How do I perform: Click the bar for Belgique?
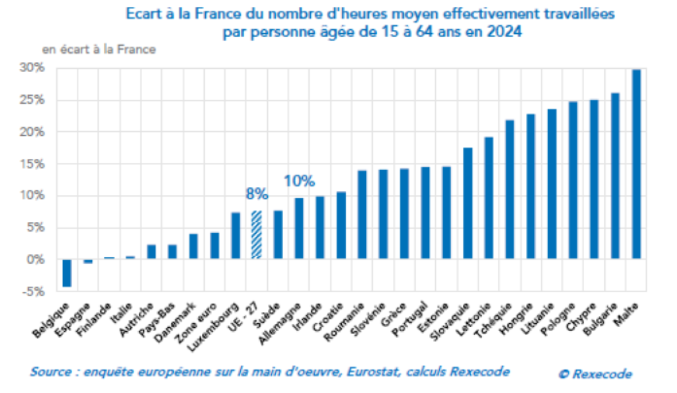coord(67,273)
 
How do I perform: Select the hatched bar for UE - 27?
coord(257,235)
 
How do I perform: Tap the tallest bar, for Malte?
coord(636,164)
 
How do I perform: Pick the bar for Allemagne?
coord(299,229)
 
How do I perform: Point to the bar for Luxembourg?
coord(236,236)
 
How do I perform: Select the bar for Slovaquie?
coord(468,204)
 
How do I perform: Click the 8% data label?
coord(257,195)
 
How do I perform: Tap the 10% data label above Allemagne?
coord(299,182)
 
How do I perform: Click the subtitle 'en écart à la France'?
coord(99,50)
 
